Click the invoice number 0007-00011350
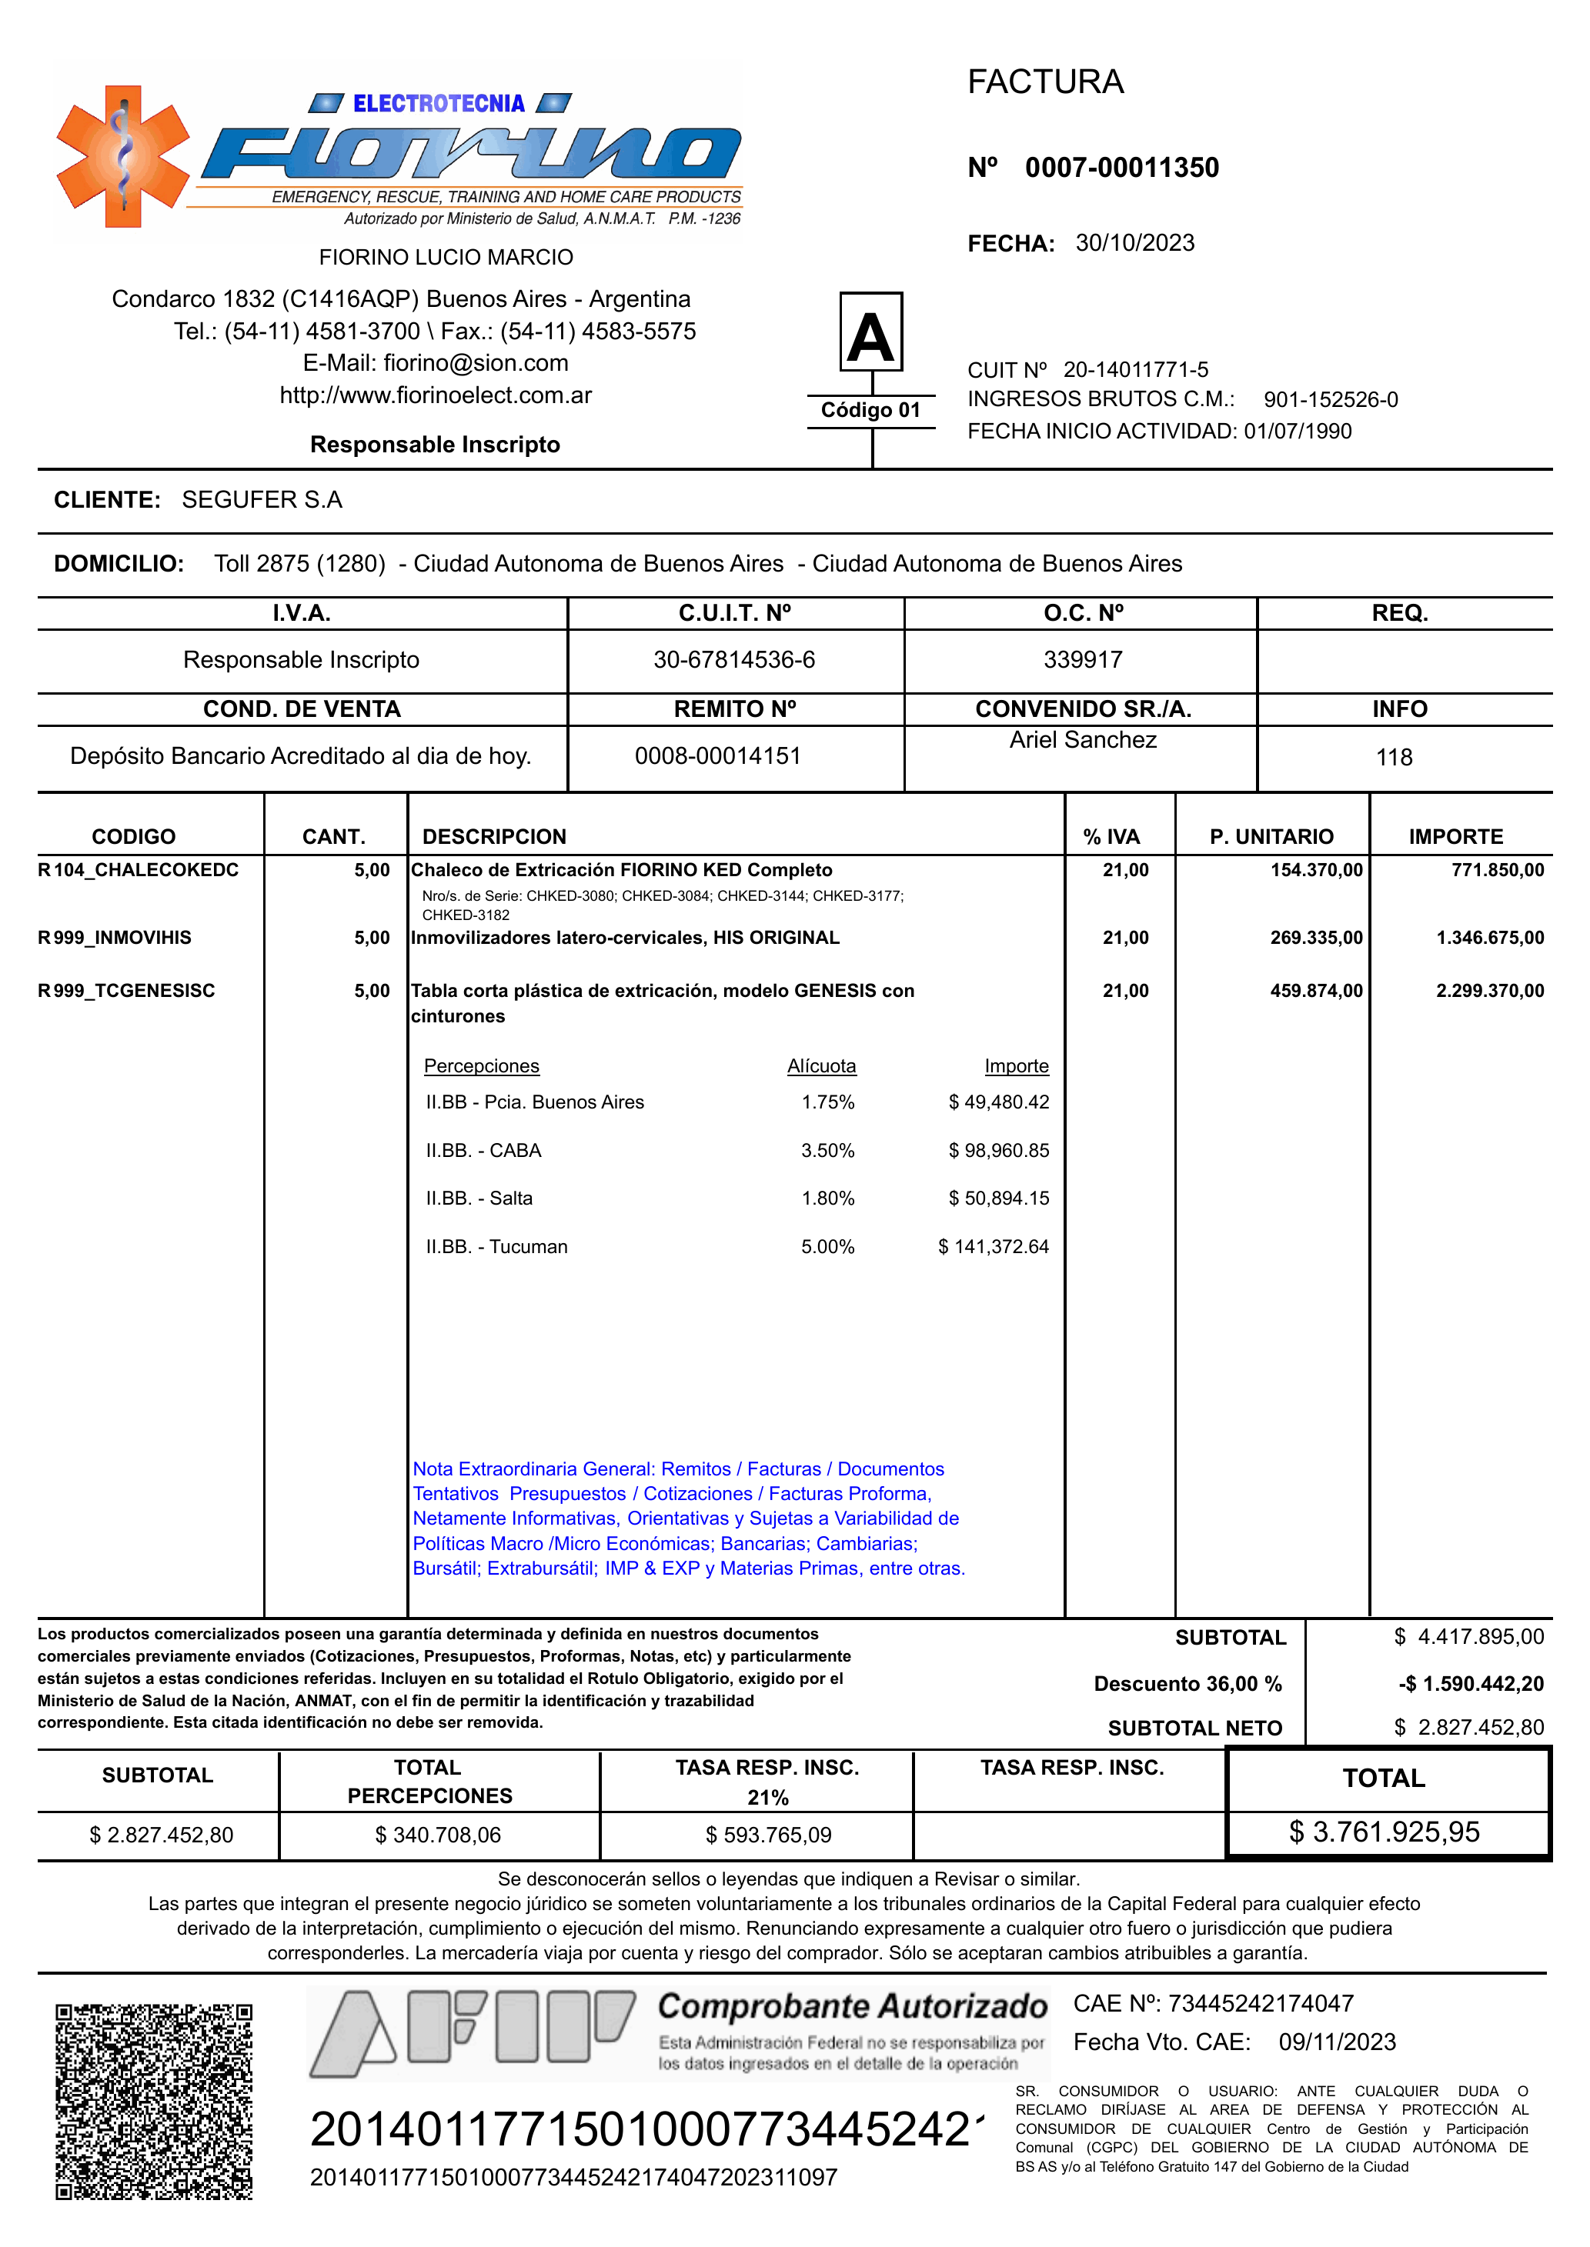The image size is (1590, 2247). [x=1121, y=168]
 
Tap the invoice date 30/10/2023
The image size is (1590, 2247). [x=1134, y=243]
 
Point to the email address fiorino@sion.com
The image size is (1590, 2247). [x=476, y=363]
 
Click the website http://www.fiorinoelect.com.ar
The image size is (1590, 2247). [x=436, y=395]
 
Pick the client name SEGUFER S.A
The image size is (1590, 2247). [x=262, y=500]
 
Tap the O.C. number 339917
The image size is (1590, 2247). [x=1083, y=659]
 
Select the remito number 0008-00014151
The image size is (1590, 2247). [x=717, y=755]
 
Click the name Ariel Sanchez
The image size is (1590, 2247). [x=1083, y=740]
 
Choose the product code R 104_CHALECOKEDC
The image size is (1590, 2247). [x=138, y=870]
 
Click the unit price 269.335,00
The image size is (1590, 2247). [x=1316, y=938]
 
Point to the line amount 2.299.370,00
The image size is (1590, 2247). [x=1489, y=990]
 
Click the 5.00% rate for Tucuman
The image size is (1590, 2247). [x=827, y=1247]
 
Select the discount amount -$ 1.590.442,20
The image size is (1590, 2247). [x=1471, y=1684]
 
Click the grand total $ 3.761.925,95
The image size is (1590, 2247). [x=1385, y=1832]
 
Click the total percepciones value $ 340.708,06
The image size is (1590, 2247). [x=438, y=1835]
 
